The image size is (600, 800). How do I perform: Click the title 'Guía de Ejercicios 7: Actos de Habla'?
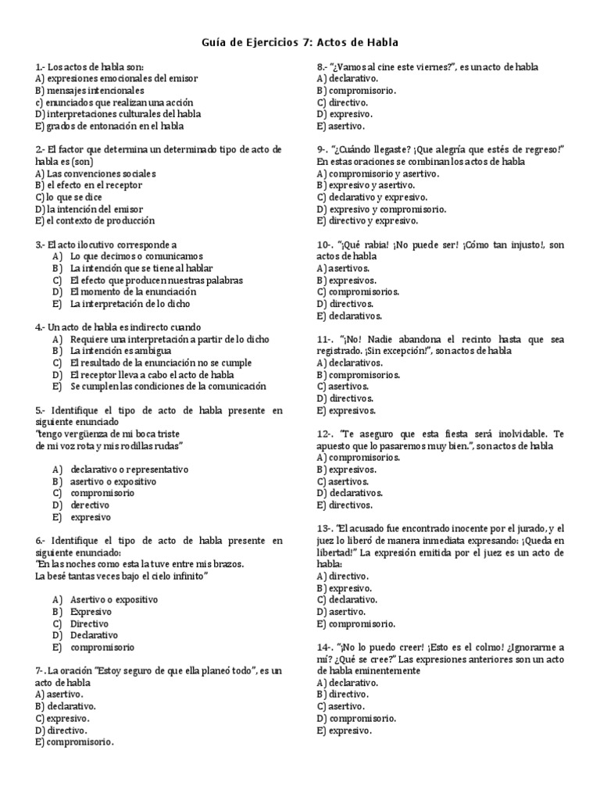tap(300, 44)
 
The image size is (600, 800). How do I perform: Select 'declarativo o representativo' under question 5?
tap(129, 470)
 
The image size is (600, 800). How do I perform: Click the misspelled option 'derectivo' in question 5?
tap(91, 505)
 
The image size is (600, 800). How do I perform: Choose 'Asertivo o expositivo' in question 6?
tap(113, 599)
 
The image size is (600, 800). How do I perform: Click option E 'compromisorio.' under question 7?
tap(75, 741)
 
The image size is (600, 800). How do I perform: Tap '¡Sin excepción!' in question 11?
tap(376, 352)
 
